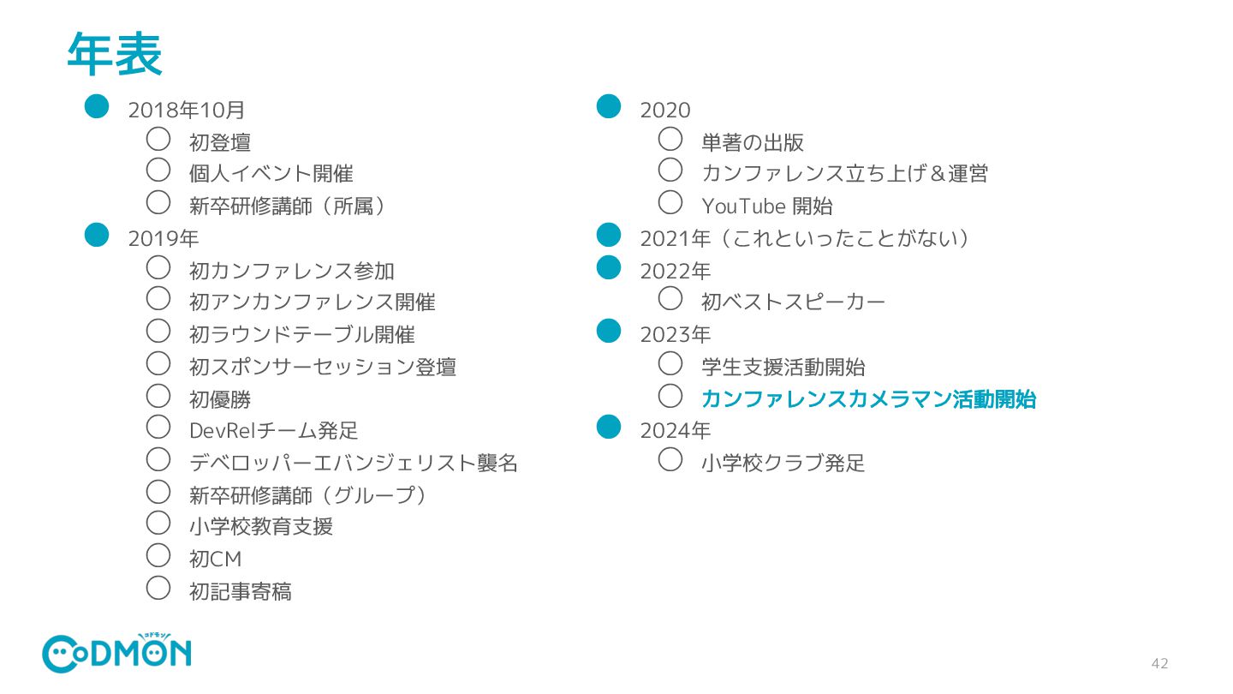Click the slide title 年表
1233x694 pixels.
114,54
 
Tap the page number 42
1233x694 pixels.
1159,664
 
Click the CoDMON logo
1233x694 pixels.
116,654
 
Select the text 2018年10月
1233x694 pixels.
186,110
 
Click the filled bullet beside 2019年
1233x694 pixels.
97,234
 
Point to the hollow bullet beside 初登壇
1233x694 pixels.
158,138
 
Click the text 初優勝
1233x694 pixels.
219,399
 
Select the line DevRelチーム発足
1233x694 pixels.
273,431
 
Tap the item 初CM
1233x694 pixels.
215,559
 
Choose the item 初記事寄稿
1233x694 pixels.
240,591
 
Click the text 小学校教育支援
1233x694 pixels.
260,526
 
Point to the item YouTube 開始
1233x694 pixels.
766,206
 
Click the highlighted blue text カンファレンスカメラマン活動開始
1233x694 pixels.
868,399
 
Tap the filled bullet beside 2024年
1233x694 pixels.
608,426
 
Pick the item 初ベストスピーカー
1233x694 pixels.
793,302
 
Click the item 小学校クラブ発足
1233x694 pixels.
783,464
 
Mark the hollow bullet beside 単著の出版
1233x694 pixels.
670,138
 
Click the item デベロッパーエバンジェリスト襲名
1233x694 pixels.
353,464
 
